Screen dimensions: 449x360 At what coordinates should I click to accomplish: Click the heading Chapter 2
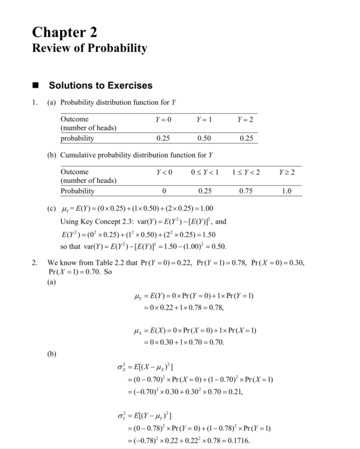coord(64,32)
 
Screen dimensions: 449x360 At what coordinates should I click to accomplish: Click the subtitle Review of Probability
coord(89,48)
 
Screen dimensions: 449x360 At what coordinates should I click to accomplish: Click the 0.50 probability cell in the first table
coord(207,138)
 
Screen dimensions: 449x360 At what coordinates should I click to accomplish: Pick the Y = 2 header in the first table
coord(246,119)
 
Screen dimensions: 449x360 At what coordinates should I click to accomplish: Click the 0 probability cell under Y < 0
coord(165,191)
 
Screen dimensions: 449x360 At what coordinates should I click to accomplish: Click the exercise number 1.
coord(34,102)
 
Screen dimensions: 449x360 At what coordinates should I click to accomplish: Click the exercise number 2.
coord(34,263)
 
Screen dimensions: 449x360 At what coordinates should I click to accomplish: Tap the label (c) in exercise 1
coord(51,209)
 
